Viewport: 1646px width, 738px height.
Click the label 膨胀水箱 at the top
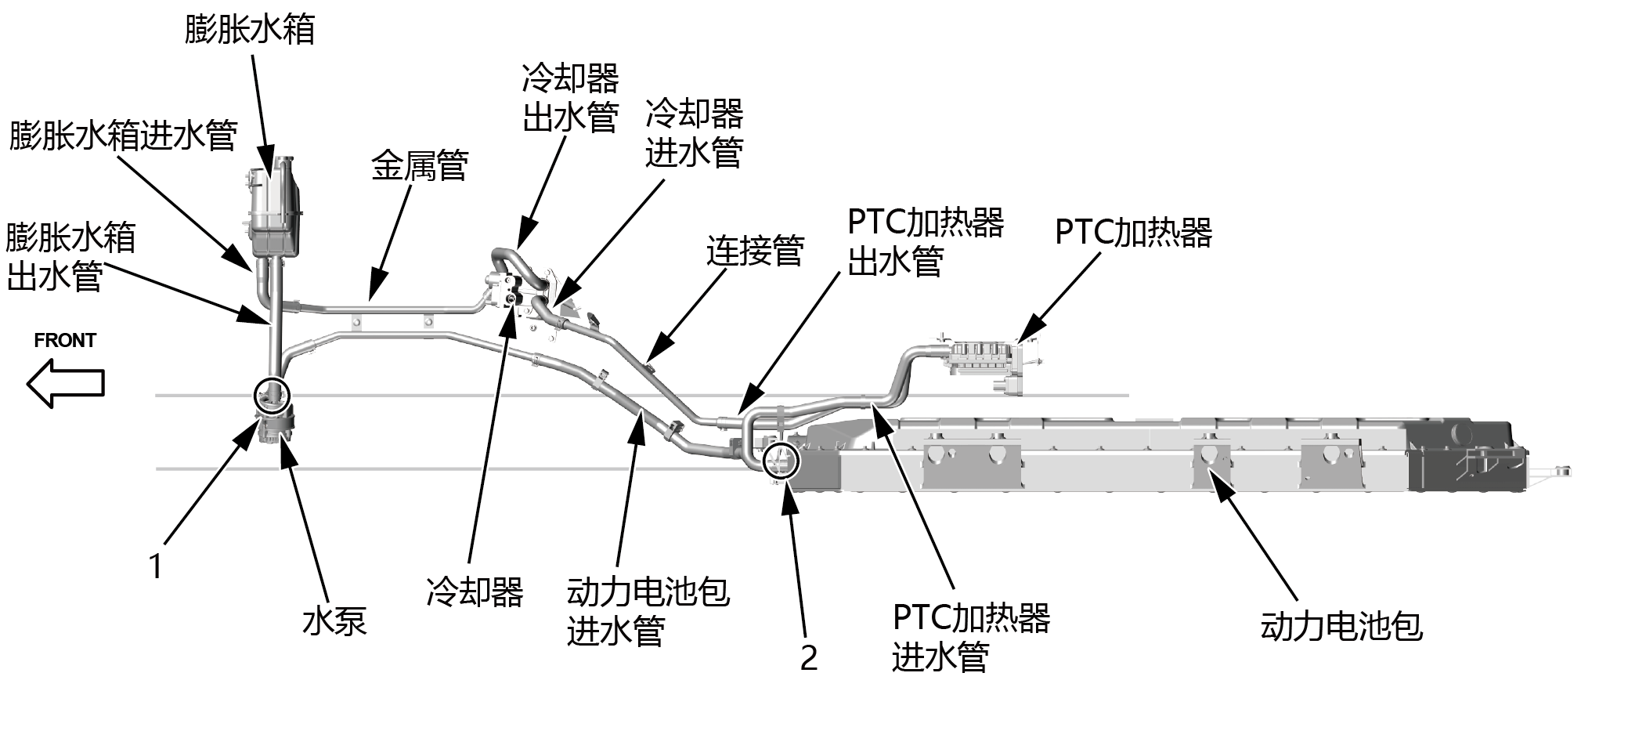click(x=249, y=30)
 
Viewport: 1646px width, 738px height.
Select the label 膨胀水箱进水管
click(x=123, y=136)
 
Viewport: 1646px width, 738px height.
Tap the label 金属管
click(x=419, y=165)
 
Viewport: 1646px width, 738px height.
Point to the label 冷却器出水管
click(x=570, y=99)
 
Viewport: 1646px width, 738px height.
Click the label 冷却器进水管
click(x=694, y=133)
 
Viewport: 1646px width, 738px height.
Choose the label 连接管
click(x=755, y=251)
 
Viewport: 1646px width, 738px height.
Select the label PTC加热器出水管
click(x=925, y=241)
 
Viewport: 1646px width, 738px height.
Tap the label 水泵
click(x=334, y=620)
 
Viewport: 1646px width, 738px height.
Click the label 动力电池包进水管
click(x=648, y=611)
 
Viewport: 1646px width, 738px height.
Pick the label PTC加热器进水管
click(x=970, y=636)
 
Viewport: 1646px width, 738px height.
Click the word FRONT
click(x=65, y=341)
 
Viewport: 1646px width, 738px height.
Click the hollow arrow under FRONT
click(x=66, y=383)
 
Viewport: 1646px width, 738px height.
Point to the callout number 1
click(x=156, y=566)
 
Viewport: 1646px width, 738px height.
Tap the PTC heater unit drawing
click(x=988, y=362)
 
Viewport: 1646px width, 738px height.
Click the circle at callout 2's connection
click(x=781, y=459)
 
